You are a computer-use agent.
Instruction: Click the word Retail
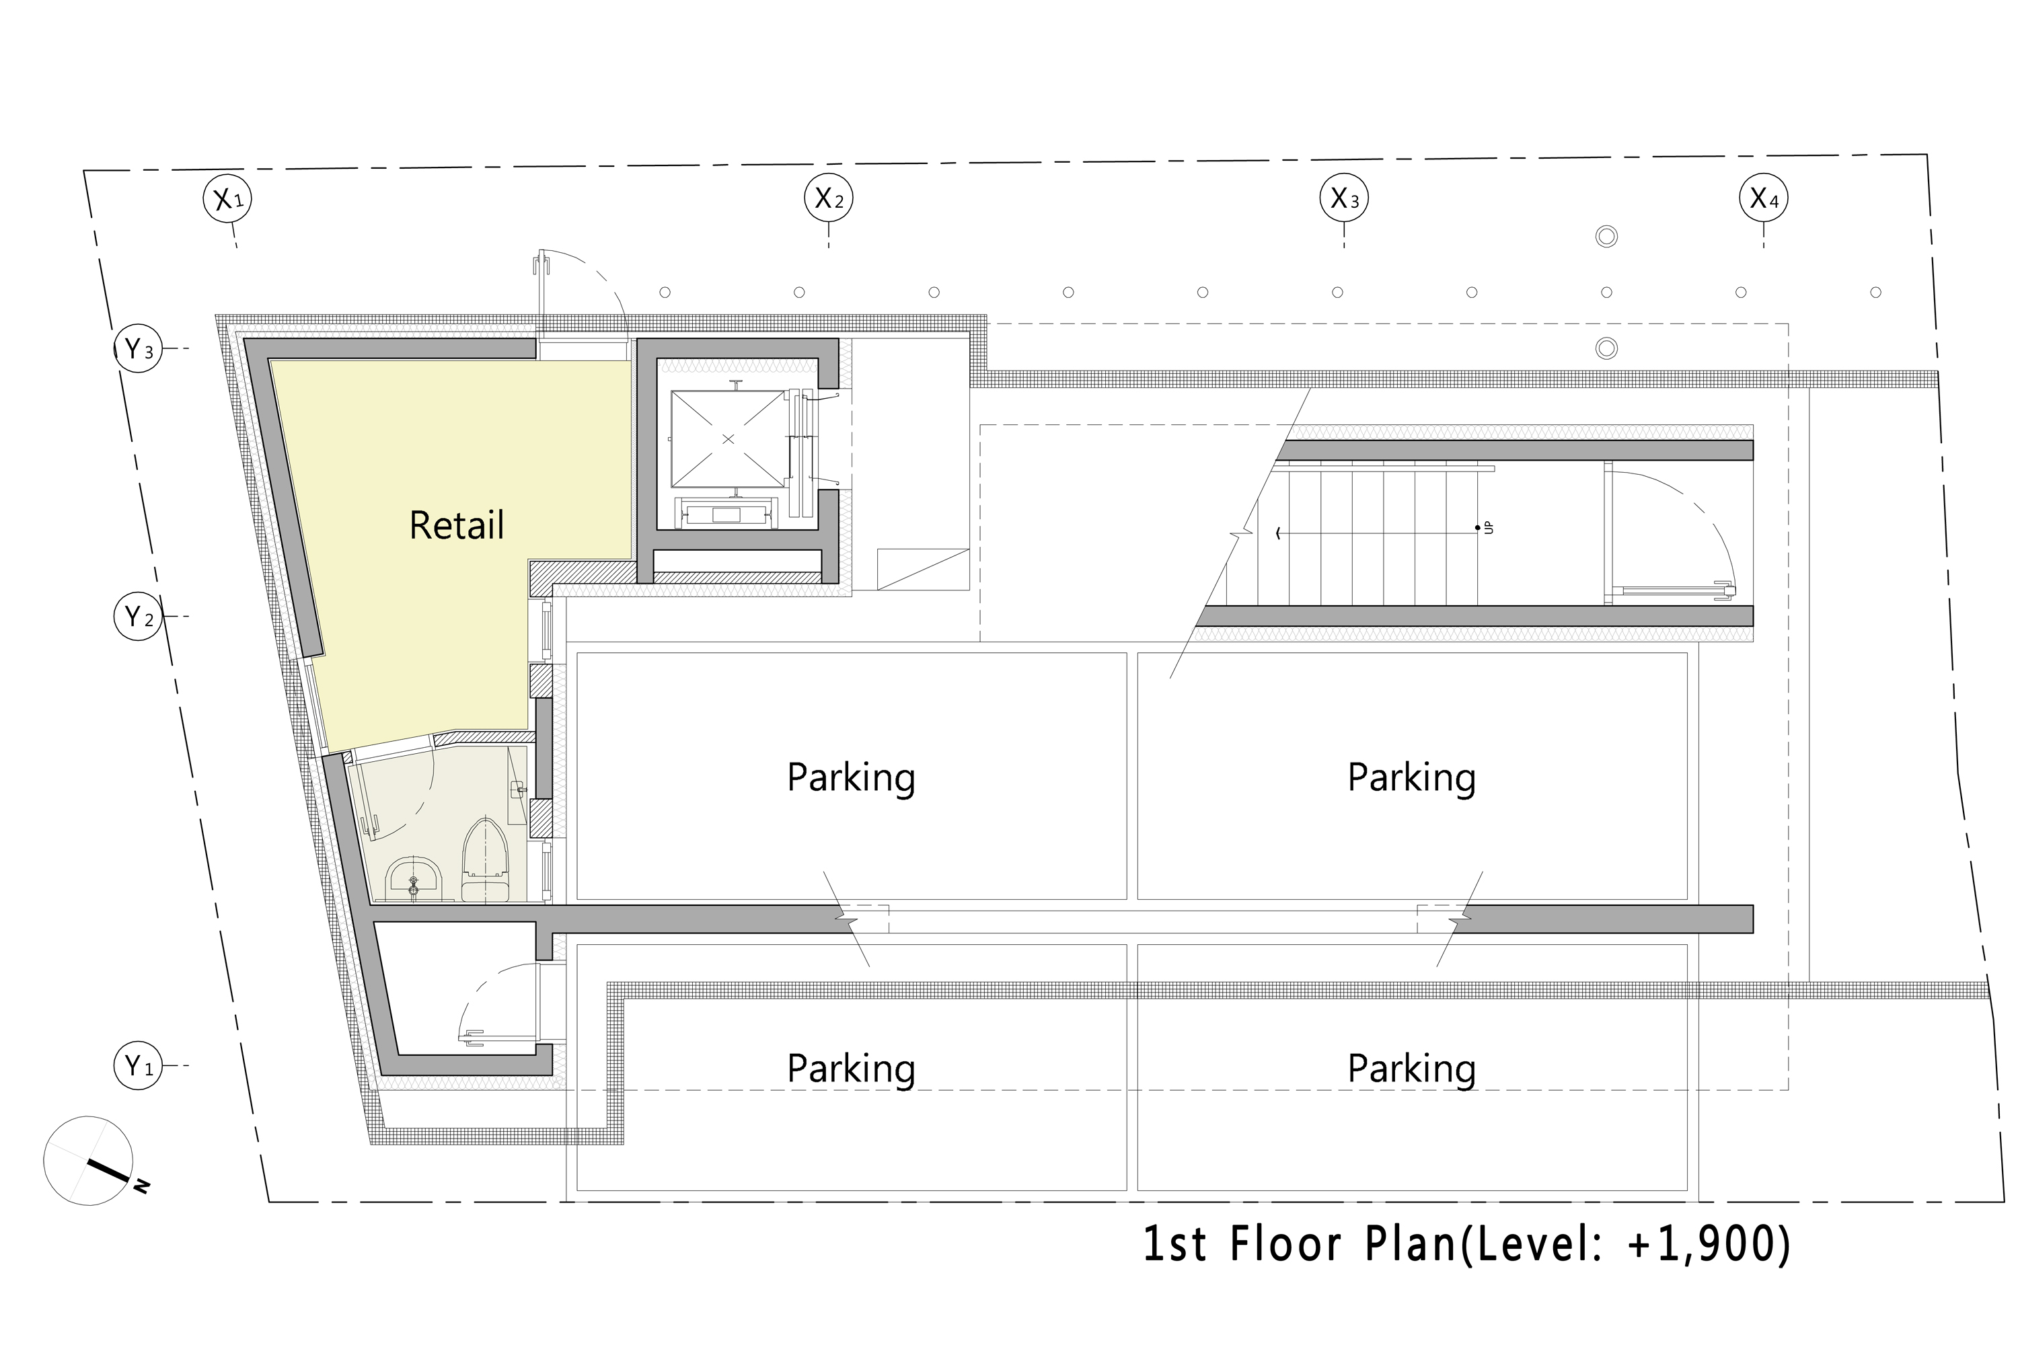pos(457,525)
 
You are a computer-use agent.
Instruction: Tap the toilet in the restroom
pos(486,859)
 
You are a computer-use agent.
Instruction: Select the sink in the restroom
pos(414,878)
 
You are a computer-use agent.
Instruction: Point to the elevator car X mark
pos(728,439)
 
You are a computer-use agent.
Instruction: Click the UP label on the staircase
pos(1489,527)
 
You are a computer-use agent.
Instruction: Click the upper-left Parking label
pos(851,778)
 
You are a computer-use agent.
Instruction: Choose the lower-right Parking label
pos(1411,1069)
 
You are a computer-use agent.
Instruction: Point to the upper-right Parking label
pos(1411,778)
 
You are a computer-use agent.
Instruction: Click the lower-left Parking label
pos(851,1069)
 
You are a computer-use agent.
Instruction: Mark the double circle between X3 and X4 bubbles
pos(1606,236)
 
